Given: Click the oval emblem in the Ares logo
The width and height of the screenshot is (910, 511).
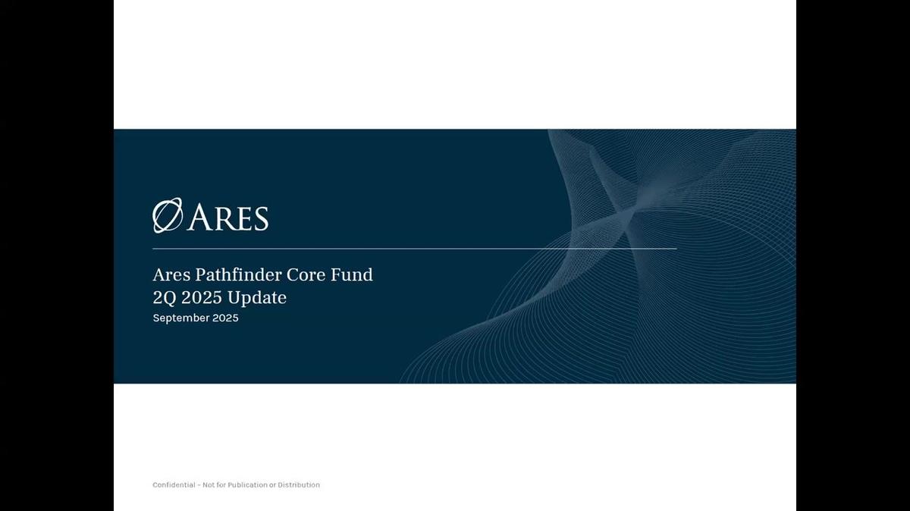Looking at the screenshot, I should (x=168, y=216).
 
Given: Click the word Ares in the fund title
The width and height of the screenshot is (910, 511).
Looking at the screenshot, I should (x=171, y=274).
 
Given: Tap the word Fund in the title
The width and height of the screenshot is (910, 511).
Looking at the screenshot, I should (x=354, y=274).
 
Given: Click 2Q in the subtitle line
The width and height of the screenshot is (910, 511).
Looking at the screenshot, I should (x=165, y=298).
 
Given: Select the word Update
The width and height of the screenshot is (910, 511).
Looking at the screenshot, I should (x=259, y=298).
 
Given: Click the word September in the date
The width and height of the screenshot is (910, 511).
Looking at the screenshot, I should (x=181, y=318).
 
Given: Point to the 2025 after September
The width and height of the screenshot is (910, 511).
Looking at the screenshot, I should (x=225, y=318).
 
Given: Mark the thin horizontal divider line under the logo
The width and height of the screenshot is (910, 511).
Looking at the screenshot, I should (x=414, y=249).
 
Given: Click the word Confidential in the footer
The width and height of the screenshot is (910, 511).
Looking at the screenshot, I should (x=174, y=485).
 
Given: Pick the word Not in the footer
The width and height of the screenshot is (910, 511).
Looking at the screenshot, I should (x=209, y=485).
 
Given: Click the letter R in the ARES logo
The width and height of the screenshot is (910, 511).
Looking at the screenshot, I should (x=220, y=218).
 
